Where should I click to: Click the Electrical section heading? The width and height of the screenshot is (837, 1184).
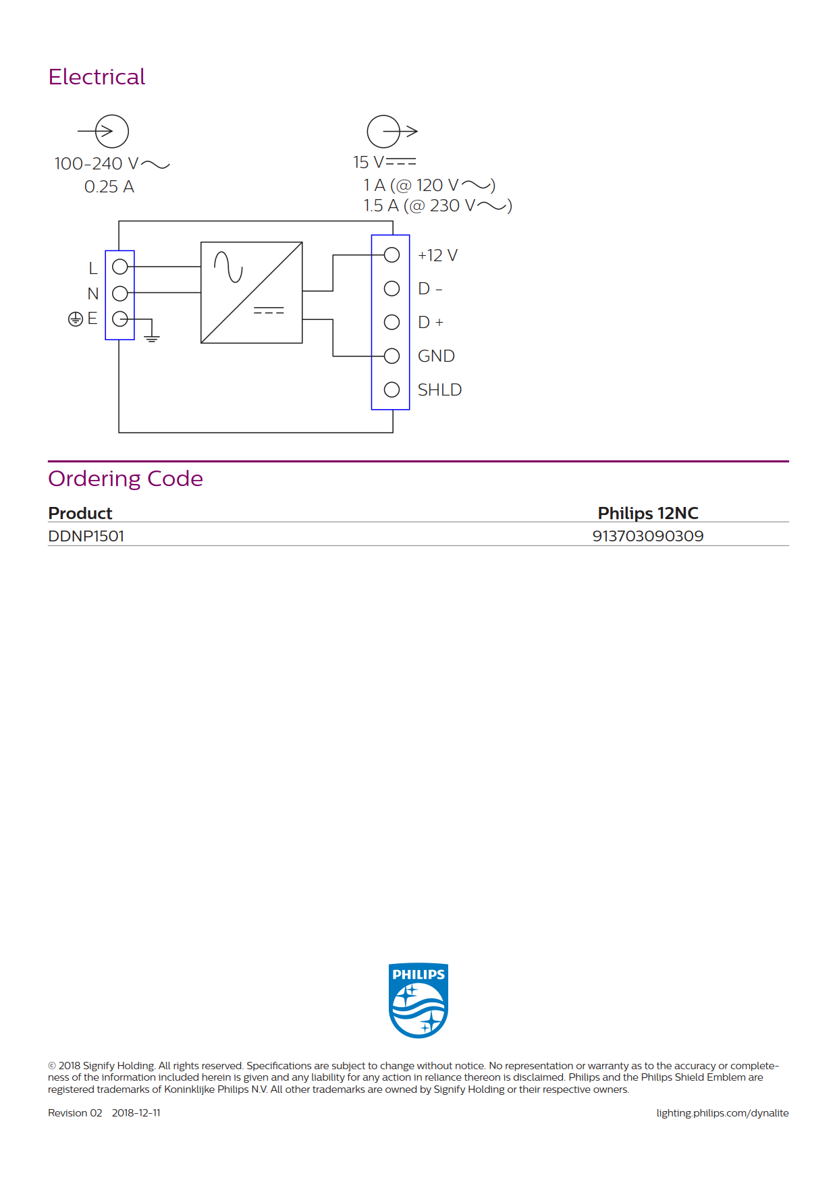point(97,77)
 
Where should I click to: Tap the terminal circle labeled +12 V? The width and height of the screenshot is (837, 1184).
point(391,254)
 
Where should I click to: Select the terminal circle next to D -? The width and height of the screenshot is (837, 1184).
point(391,288)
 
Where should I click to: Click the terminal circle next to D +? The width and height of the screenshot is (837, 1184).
point(391,322)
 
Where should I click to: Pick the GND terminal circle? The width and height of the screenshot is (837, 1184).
point(391,356)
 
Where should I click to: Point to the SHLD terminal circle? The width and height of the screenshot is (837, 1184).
point(391,389)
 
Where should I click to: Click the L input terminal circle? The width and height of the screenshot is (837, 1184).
point(120,267)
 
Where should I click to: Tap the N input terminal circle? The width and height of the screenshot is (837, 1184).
point(120,293)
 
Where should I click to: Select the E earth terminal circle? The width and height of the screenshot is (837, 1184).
point(120,319)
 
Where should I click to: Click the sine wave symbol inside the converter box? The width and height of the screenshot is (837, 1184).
point(228,267)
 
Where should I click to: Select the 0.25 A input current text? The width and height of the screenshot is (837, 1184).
point(109,187)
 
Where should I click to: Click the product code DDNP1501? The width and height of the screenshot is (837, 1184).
point(86,536)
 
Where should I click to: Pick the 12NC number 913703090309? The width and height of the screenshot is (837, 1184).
point(648,536)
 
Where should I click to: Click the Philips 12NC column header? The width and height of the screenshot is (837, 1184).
point(648,513)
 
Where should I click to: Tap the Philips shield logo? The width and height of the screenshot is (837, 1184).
point(418,1000)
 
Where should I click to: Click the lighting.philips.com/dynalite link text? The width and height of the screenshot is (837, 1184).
point(722,1113)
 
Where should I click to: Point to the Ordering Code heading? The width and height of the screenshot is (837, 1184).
point(126,479)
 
